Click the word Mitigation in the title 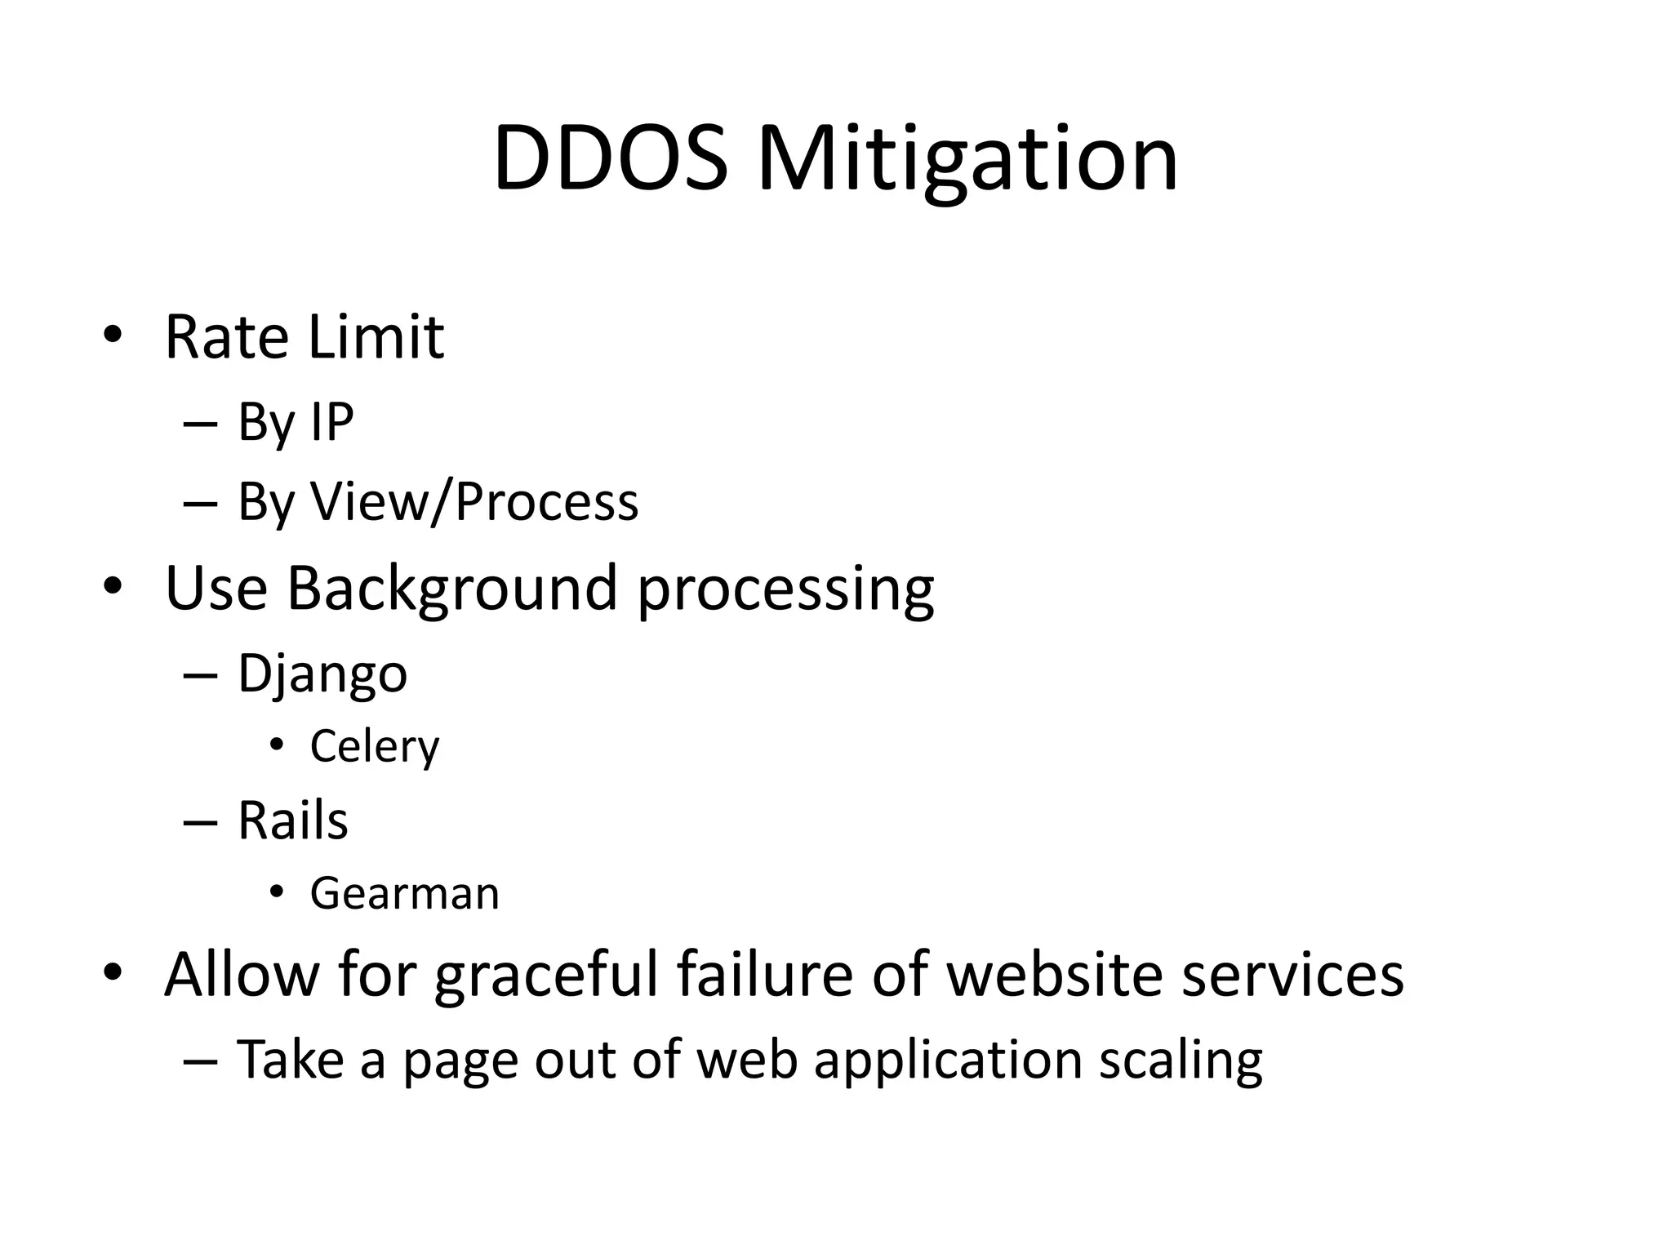(967, 159)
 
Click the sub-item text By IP (296, 423)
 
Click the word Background (451, 588)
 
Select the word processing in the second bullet (785, 589)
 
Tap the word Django (322, 674)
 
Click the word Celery (375, 746)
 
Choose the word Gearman (405, 893)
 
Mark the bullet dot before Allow (113, 972)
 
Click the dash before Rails (201, 823)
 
